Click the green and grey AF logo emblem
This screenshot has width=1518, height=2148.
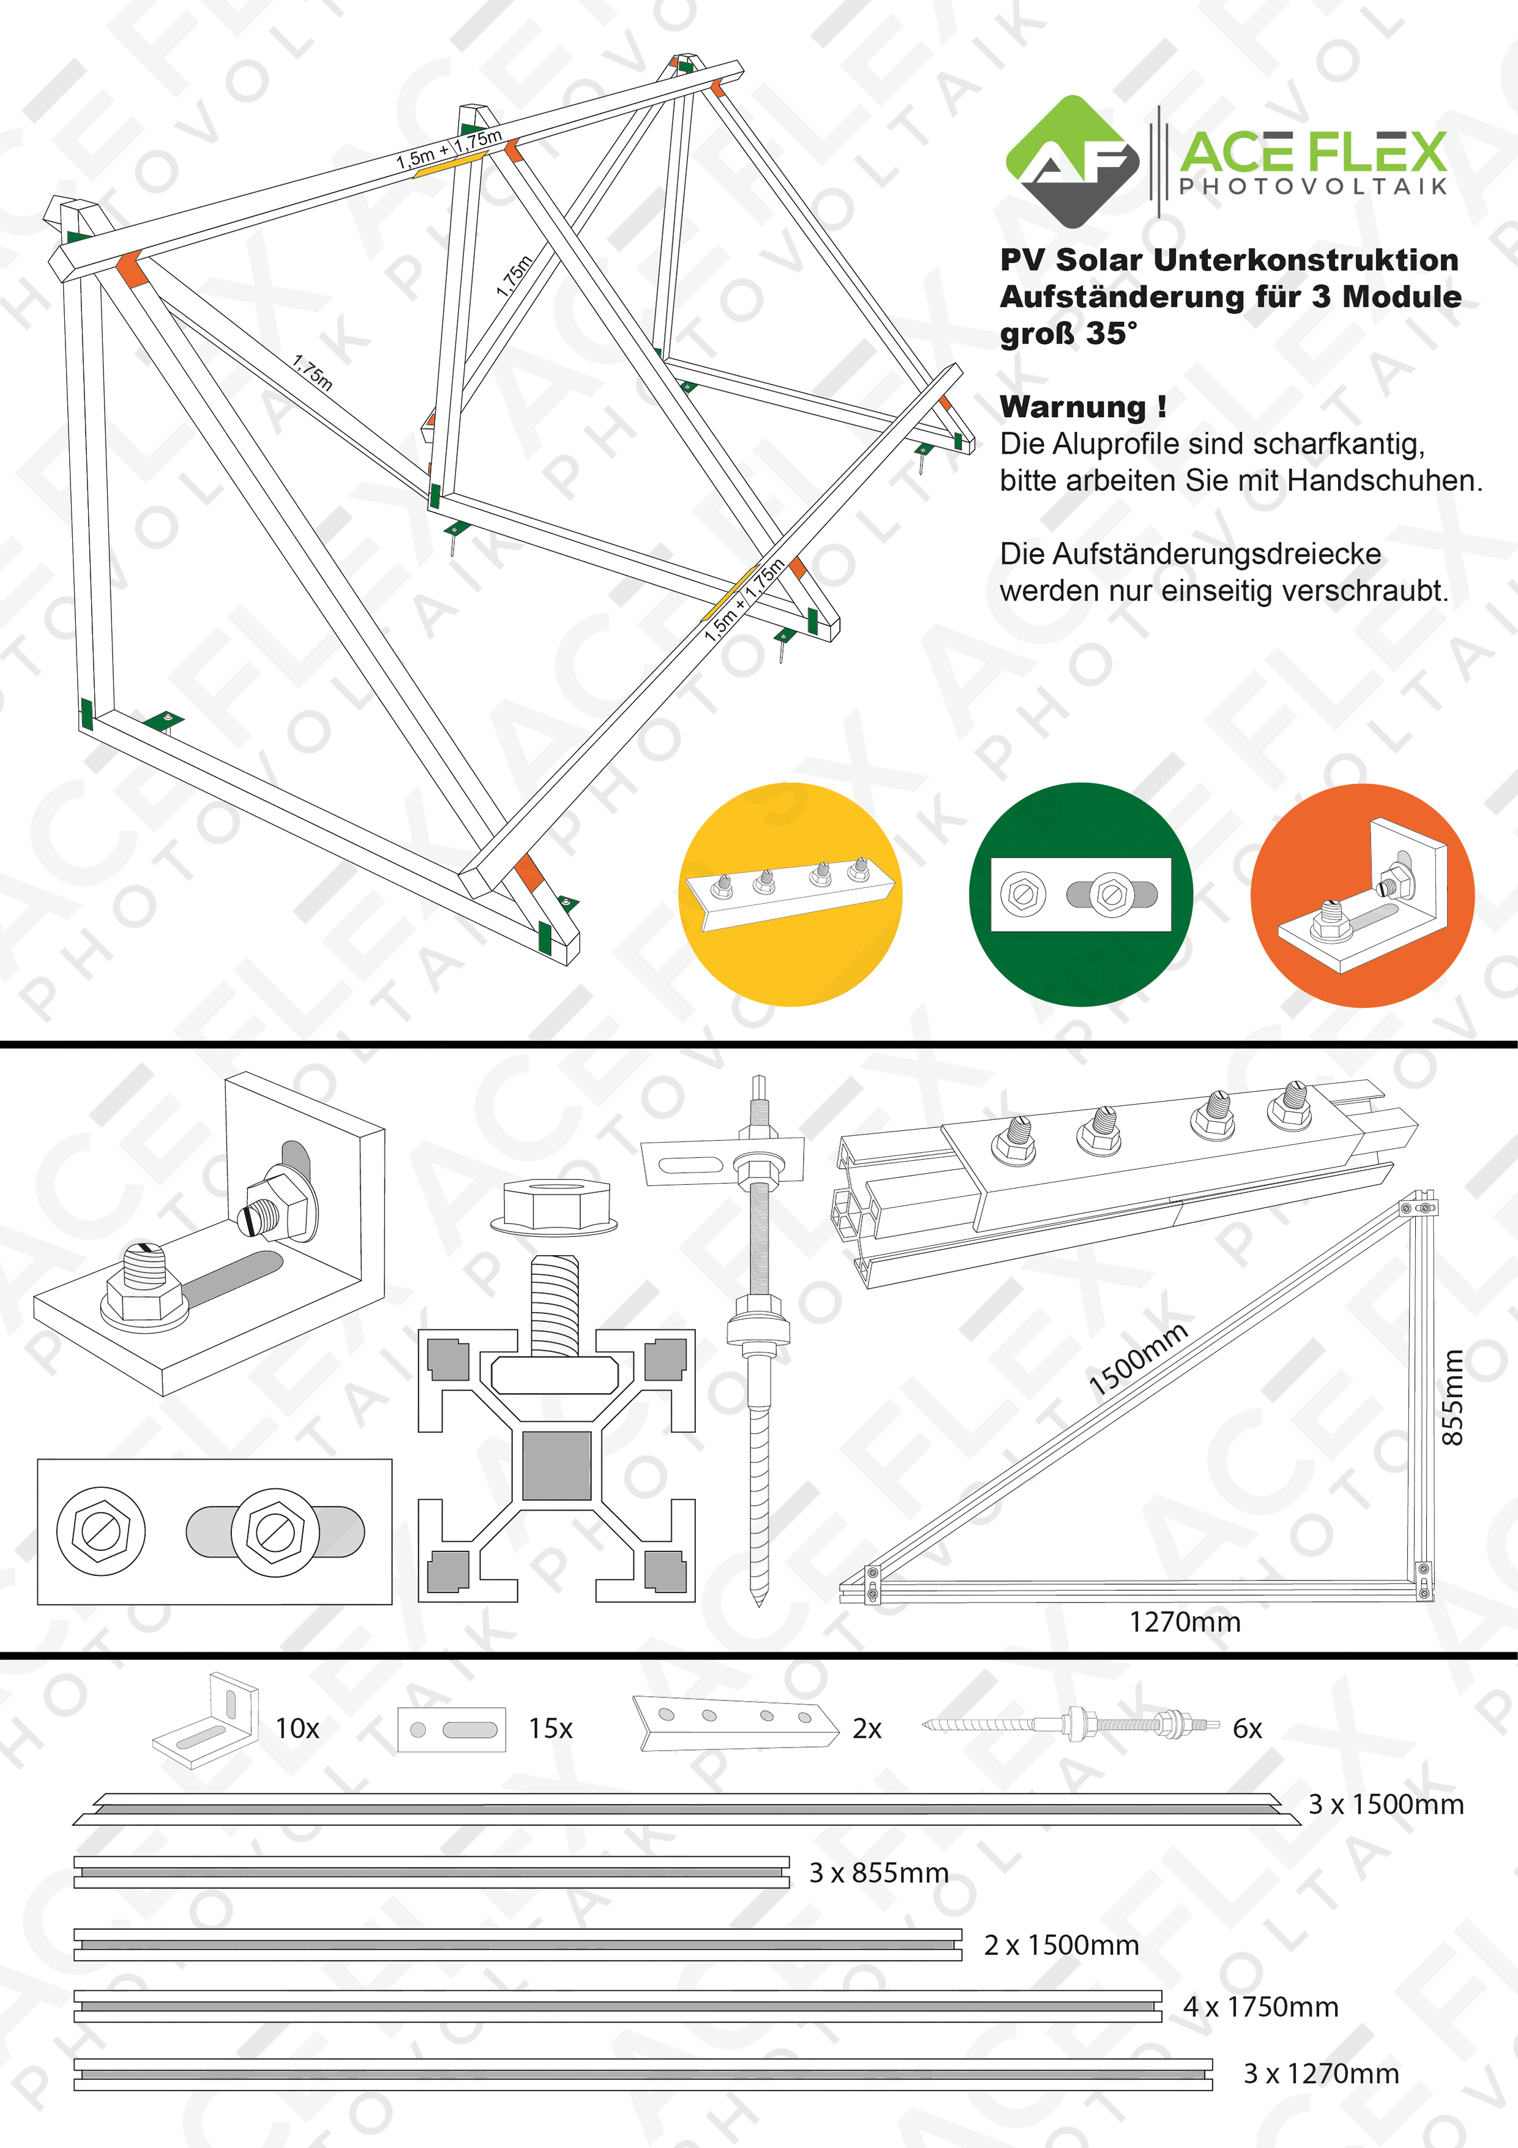[1073, 162]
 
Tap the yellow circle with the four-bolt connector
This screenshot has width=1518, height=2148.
[790, 895]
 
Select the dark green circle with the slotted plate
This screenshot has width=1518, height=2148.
[1080, 895]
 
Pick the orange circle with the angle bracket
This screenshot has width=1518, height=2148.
[1362, 895]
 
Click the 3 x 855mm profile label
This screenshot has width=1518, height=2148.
[878, 1873]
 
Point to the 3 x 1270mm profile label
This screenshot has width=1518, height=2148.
[1321, 2074]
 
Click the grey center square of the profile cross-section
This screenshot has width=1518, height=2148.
[556, 1465]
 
